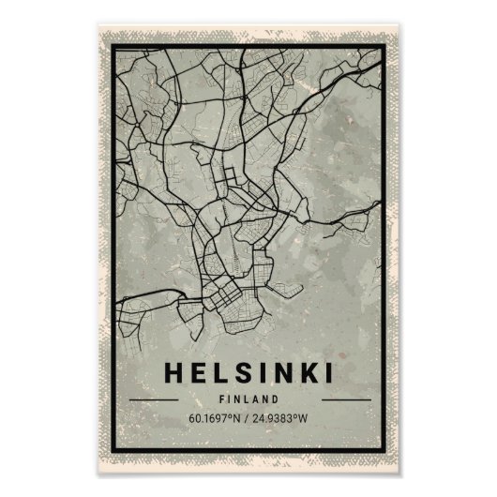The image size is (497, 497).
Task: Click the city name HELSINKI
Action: tap(248, 371)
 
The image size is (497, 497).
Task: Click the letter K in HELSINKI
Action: tap(304, 371)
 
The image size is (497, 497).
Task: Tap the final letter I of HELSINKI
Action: tap(324, 371)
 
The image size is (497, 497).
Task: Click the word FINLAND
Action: tap(248, 398)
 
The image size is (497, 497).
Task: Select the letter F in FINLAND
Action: tap(222, 398)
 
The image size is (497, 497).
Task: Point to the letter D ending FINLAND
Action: tap(275, 398)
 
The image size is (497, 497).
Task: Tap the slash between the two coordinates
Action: tap(248, 418)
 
